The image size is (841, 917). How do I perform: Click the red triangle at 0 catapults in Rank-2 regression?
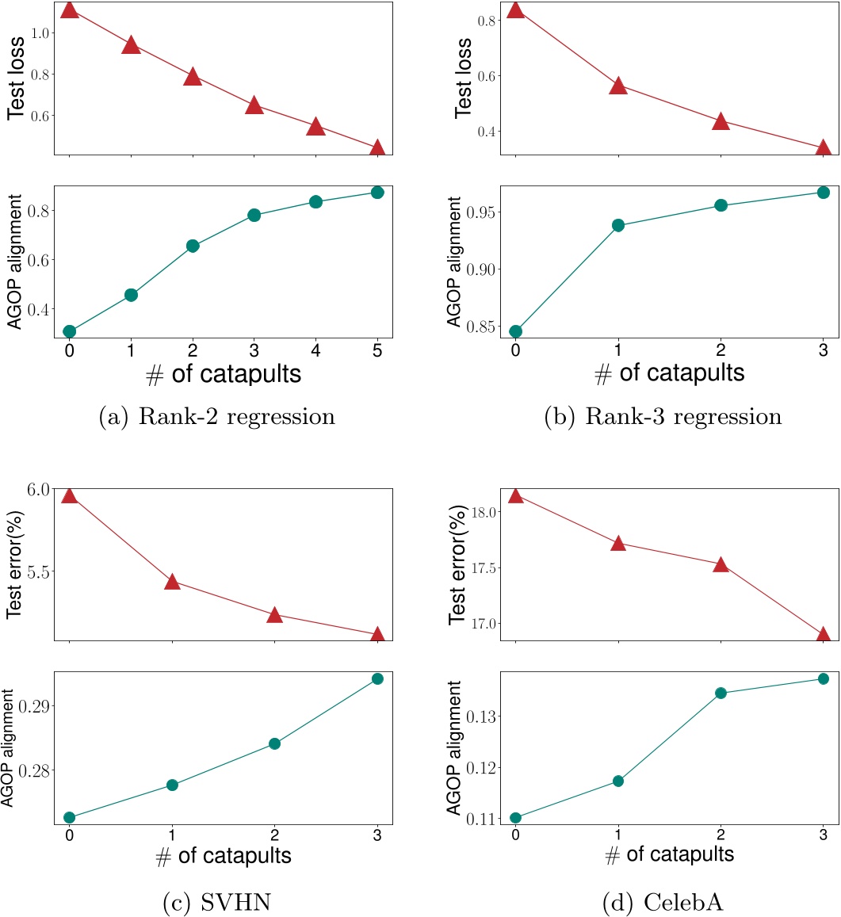(70, 10)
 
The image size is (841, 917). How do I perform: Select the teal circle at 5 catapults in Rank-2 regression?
(377, 193)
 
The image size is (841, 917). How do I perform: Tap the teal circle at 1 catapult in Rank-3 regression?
(618, 225)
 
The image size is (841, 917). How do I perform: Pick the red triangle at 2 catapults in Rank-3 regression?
(721, 122)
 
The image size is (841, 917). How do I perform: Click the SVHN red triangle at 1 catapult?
(172, 583)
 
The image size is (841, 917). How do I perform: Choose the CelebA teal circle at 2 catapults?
(721, 693)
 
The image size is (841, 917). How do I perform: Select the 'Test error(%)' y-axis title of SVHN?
(13, 564)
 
